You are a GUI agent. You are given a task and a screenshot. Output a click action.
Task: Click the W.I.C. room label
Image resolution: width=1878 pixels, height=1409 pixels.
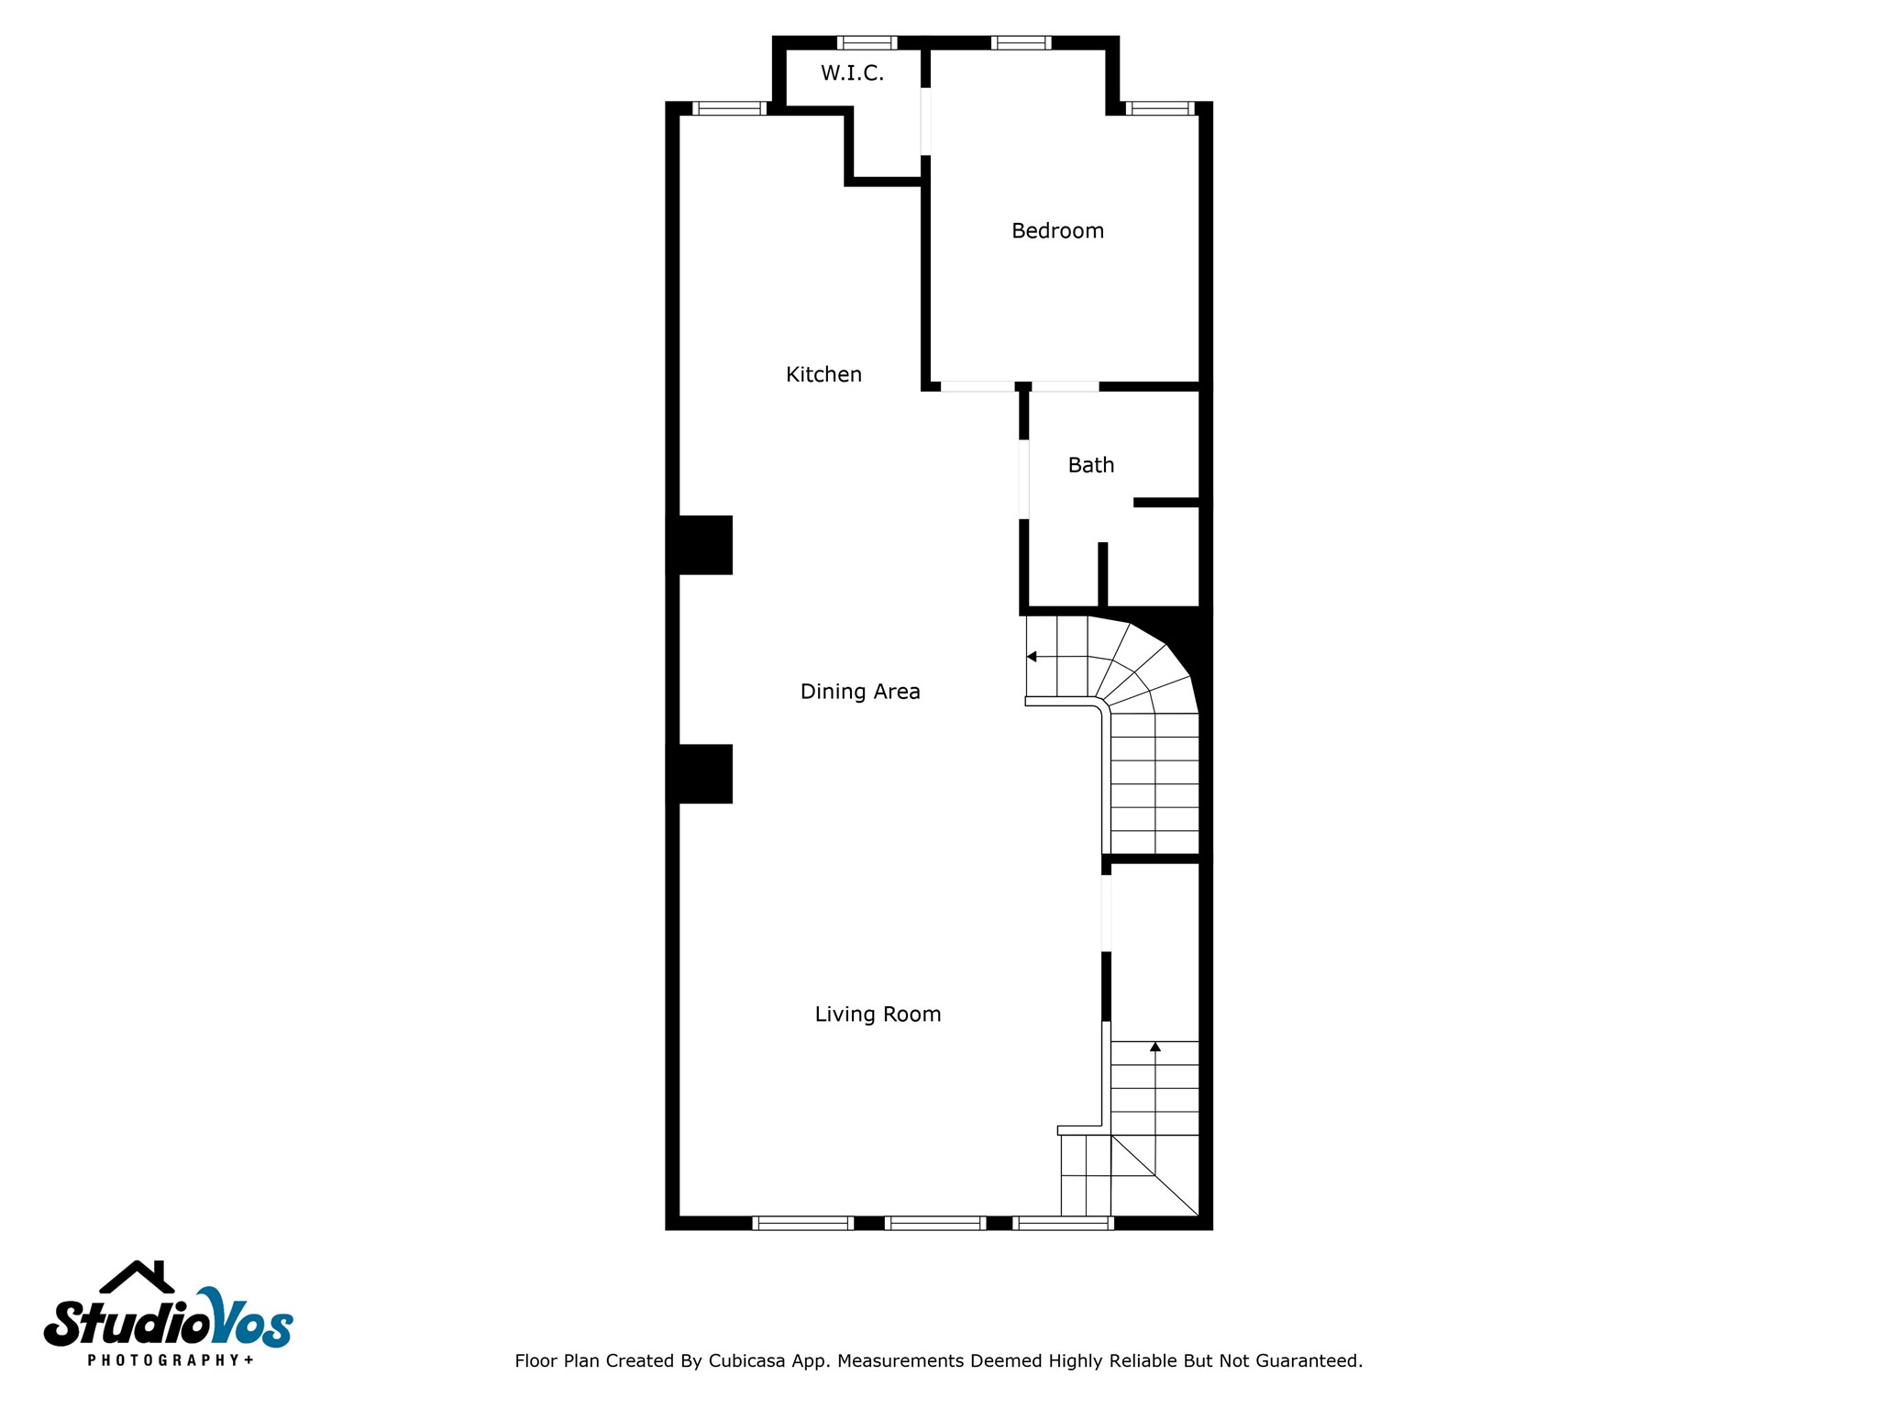pos(852,73)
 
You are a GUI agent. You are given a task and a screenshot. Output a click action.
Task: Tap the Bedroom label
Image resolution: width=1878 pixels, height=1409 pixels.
pos(1057,231)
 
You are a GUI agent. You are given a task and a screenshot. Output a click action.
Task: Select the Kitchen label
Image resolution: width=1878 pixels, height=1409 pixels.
pos(823,374)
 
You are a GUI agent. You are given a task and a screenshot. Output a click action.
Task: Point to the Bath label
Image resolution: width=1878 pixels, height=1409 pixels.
pos(1090,465)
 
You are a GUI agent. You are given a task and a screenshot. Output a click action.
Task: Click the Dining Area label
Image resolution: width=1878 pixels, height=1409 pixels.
pos(859,692)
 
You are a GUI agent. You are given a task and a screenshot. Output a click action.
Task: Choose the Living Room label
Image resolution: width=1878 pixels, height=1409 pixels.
pos(878,1014)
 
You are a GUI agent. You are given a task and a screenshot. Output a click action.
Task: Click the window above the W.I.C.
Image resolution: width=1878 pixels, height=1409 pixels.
pos(867,42)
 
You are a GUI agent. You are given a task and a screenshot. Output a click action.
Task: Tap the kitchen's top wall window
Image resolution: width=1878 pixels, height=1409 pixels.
pos(729,108)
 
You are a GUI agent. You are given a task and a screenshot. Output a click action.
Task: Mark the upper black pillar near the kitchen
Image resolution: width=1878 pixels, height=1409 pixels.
pos(700,545)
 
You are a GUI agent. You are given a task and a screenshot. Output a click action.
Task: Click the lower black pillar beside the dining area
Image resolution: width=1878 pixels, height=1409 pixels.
pos(700,773)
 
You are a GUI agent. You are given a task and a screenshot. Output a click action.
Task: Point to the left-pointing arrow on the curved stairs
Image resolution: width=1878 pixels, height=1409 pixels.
pos(1032,657)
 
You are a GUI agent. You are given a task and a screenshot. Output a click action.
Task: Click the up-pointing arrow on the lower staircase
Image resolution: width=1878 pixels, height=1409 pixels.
pos(1154,1047)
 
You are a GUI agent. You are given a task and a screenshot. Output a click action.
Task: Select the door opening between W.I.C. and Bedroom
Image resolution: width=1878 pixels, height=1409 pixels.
pos(925,121)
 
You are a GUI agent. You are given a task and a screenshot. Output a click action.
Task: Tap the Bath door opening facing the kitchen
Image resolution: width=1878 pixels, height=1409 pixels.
pos(1023,479)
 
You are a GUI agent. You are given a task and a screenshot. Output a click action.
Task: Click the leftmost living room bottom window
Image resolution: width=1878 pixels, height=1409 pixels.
pos(802,1222)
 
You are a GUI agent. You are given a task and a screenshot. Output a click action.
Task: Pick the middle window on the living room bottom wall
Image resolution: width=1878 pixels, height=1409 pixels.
pos(934,1222)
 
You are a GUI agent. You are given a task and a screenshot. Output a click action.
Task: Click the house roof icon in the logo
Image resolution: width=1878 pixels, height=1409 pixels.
pos(137,1278)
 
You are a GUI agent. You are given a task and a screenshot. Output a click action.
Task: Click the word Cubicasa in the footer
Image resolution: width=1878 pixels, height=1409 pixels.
pos(746,1361)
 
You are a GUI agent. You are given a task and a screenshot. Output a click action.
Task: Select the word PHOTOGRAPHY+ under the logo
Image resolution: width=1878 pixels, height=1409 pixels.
pos(171,1359)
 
